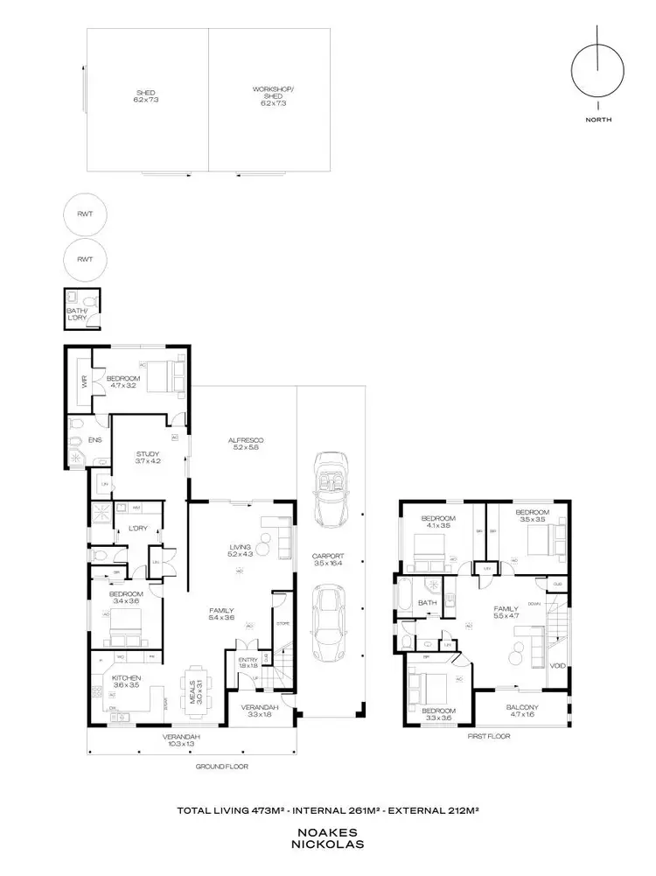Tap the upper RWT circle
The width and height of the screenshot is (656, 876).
coord(85,214)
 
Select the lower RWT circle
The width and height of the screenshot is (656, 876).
coord(85,260)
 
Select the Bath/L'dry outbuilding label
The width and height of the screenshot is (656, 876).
coord(78,313)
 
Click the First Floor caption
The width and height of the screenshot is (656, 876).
coord(488,736)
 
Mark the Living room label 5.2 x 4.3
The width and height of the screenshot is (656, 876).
coord(240,550)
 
